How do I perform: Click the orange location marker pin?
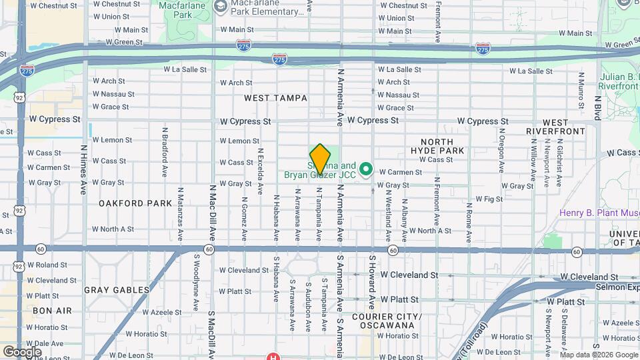(x=320, y=159)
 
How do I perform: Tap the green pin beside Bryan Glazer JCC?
(x=365, y=170)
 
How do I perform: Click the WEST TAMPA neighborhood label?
(x=275, y=98)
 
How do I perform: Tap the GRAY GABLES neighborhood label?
(x=117, y=290)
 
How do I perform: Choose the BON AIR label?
(x=52, y=311)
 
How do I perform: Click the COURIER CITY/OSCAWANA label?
(x=387, y=321)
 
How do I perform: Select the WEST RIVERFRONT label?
(x=555, y=127)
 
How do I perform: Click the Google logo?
(x=22, y=351)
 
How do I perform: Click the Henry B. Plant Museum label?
(x=599, y=213)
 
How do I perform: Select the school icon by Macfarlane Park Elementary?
(x=220, y=7)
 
